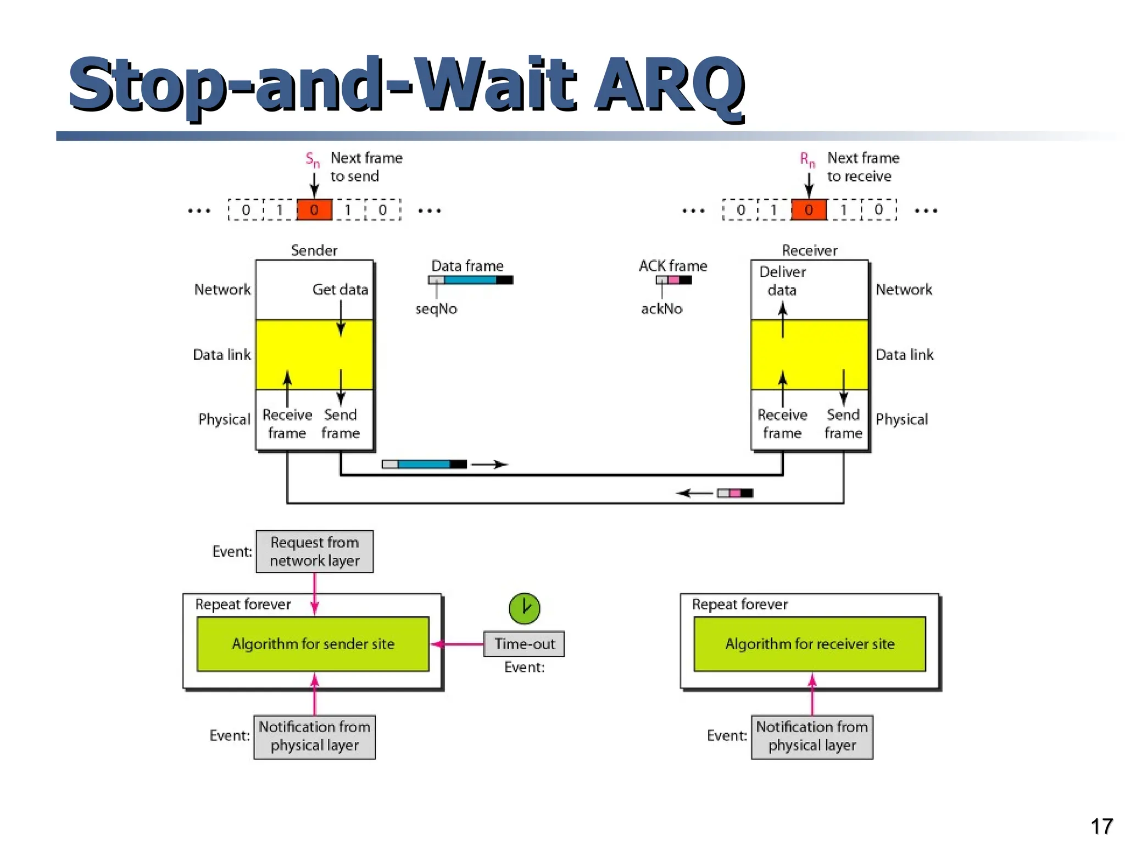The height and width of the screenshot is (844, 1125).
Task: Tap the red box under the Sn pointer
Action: pos(314,210)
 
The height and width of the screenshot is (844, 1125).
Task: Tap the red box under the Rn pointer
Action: pos(809,210)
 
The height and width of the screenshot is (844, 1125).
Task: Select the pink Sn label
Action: pos(312,160)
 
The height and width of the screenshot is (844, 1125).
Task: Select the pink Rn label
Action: pos(807,160)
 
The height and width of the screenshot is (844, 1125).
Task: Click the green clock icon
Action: pos(524,608)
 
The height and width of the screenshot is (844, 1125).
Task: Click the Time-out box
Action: pos(524,644)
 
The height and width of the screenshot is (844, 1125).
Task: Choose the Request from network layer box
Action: pos(314,552)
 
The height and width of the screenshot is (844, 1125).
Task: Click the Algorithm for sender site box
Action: pos(313,644)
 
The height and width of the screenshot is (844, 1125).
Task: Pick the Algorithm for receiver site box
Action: pos(810,644)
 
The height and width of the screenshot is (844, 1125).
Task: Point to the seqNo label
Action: pos(436,309)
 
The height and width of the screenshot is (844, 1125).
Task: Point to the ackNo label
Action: pos(661,309)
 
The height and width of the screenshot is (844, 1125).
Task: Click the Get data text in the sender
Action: pos(340,290)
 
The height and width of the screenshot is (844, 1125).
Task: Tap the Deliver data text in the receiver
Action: pos(782,281)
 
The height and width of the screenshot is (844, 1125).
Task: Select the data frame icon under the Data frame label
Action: pos(471,280)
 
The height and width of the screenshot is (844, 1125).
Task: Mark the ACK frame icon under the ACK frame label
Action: pos(673,280)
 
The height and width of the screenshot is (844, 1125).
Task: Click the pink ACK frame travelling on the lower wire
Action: pos(735,493)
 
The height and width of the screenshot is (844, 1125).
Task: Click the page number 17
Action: pos(1101,826)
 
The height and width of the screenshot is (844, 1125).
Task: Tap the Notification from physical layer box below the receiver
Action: pos(812,736)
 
